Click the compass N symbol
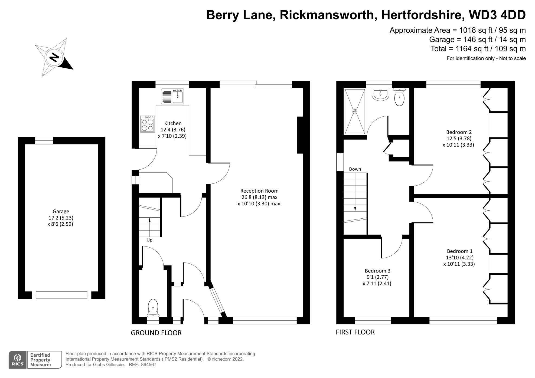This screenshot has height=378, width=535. [54, 57]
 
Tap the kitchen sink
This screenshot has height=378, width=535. [178, 97]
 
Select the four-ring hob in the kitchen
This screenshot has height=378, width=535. [148, 124]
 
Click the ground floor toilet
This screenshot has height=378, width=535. [153, 308]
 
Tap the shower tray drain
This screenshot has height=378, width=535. [355, 111]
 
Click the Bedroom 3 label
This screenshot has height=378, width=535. [377, 271]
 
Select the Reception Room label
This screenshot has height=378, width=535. [259, 191]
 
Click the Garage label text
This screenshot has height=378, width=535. [61, 211]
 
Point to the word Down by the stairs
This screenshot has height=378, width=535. [355, 169]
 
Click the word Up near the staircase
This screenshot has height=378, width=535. [149, 240]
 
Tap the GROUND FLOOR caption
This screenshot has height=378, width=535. [156, 333]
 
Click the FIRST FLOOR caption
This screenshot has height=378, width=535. [355, 332]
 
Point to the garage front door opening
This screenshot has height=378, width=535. [61, 295]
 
